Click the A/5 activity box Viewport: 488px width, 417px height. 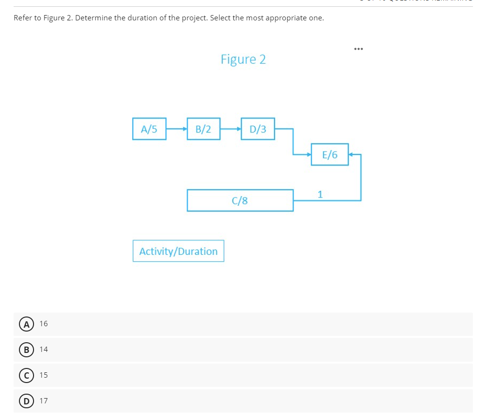click(149, 129)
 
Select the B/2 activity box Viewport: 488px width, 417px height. click(203, 129)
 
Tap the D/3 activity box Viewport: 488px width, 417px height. click(258, 129)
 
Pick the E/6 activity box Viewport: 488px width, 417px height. click(330, 154)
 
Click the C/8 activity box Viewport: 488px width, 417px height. click(240, 200)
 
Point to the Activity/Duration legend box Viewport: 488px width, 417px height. click(178, 251)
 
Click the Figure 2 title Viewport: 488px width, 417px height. click(243, 59)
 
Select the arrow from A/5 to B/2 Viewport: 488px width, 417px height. click(176, 129)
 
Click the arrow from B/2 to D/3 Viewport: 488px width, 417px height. click(230, 129)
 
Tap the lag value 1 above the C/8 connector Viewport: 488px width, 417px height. click(320, 195)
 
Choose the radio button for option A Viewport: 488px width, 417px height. click(23, 324)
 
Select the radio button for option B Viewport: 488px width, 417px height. click(23, 350)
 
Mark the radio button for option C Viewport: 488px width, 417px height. click(23, 375)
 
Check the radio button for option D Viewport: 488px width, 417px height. click(23, 401)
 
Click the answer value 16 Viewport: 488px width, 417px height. click(44, 324)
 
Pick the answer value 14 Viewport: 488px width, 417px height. click(44, 350)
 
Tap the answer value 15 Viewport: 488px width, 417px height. click(44, 375)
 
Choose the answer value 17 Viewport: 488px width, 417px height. click(44, 401)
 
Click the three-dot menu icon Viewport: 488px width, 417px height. click(359, 49)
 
